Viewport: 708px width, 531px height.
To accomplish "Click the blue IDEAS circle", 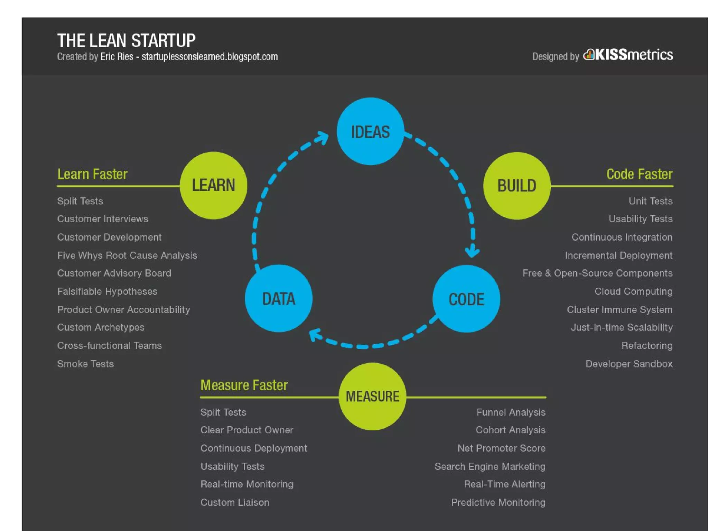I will (x=370, y=131).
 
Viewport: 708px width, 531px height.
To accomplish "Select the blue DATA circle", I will (x=279, y=298).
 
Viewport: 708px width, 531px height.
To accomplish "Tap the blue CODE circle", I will (x=466, y=299).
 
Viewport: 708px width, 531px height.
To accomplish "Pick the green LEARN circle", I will (x=213, y=185).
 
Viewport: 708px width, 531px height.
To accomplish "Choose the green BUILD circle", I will (x=517, y=186).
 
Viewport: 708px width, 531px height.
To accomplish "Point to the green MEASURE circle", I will (x=372, y=397).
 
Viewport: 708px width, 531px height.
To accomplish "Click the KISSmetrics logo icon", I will (x=589, y=55).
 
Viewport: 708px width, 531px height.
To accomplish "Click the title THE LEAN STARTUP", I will (x=126, y=41).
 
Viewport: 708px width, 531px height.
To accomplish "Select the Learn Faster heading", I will (x=92, y=174).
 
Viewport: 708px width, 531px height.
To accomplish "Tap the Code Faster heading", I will (x=639, y=174).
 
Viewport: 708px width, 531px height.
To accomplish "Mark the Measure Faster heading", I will (x=244, y=385).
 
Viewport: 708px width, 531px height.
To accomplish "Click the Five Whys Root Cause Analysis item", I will (x=127, y=255).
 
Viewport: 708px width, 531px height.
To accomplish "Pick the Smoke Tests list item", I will (x=85, y=364).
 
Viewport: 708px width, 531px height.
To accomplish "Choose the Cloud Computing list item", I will (x=633, y=291).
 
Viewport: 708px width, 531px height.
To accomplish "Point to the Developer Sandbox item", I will (x=629, y=364).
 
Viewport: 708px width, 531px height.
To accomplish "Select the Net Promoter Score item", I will (x=501, y=448).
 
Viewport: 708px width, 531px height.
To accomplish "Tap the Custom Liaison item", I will (x=235, y=502).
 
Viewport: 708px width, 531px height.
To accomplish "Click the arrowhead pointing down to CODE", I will (x=472, y=251).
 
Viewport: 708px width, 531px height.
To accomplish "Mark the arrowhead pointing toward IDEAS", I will (x=323, y=138).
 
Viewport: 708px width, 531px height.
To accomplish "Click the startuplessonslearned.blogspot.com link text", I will (x=209, y=57).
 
